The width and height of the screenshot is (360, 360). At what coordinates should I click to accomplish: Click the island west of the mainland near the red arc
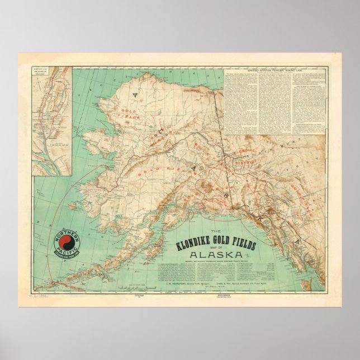[73, 206]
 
